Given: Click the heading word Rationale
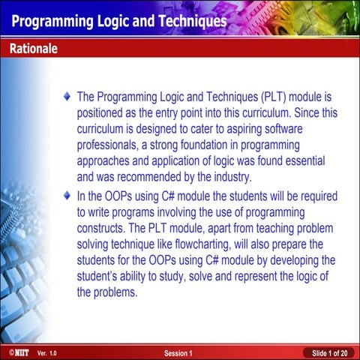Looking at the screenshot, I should [x=34, y=49].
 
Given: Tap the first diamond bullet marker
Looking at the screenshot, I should [x=68, y=97].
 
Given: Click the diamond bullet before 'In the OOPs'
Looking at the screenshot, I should [x=68, y=196].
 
